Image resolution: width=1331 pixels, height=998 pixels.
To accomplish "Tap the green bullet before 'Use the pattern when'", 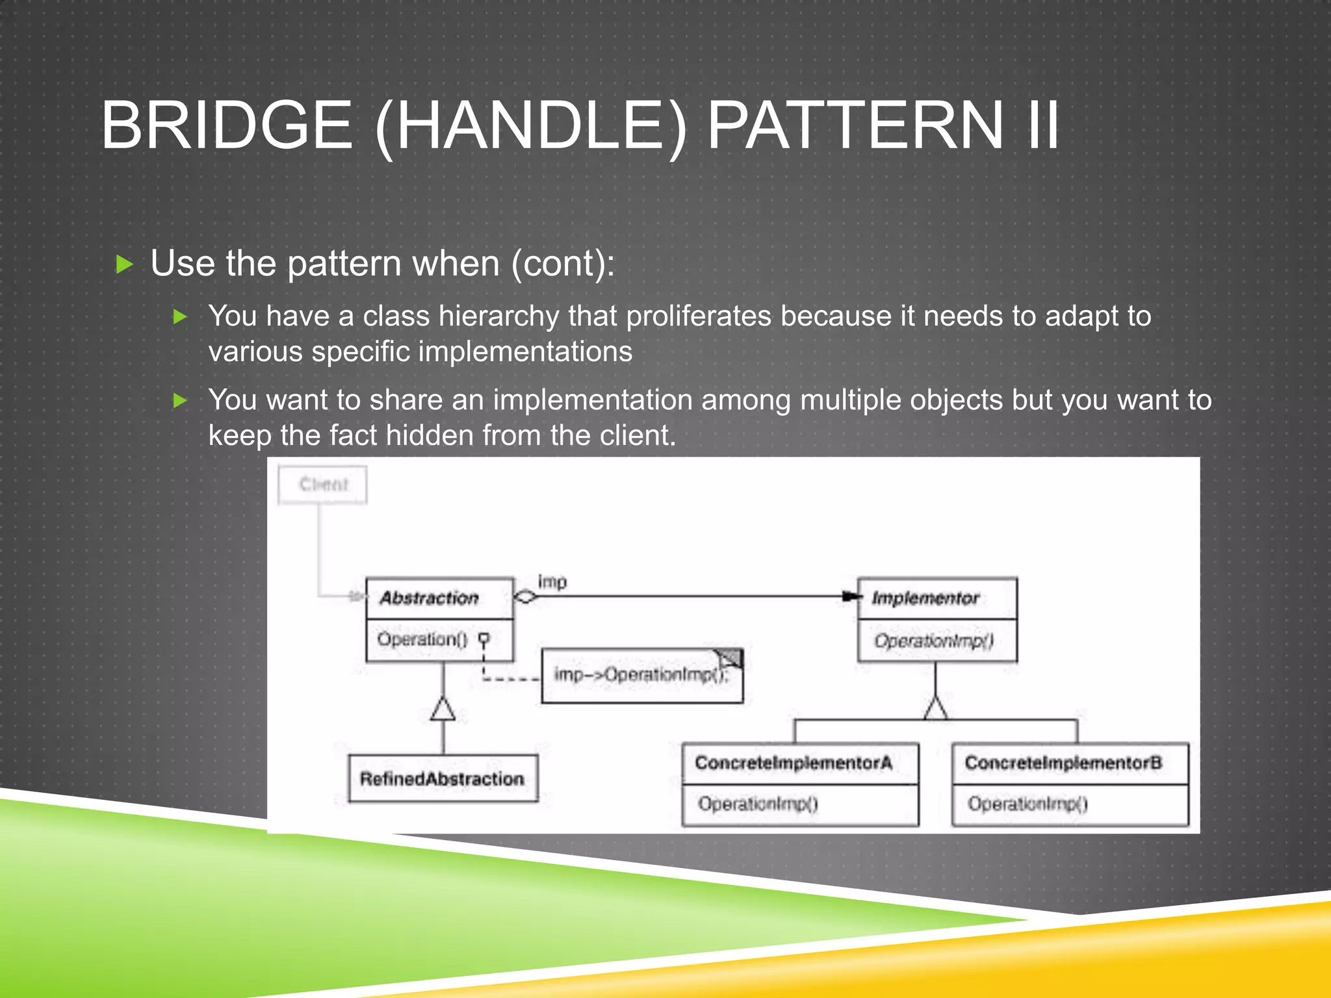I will pos(124,264).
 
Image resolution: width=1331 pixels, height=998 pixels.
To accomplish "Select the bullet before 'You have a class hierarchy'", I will pos(180,317).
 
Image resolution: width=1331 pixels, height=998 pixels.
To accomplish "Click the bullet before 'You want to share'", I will pos(180,401).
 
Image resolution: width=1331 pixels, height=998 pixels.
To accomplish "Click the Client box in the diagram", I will pos(322,485).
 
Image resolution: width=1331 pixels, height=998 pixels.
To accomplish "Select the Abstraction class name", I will pos(429,598).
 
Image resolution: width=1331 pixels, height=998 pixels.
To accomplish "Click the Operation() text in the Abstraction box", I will pos(422,639).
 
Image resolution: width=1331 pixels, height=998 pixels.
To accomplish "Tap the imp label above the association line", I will pos(552,582).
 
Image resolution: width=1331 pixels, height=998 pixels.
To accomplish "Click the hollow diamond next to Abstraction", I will pos(525,596).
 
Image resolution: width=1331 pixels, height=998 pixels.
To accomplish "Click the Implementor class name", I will pos(925,598).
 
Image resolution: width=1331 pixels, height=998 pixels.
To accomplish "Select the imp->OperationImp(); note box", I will pos(641,676).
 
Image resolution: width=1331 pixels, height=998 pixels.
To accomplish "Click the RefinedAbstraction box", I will pos(443,778).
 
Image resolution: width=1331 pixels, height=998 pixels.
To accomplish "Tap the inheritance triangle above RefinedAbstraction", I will pos(443,708).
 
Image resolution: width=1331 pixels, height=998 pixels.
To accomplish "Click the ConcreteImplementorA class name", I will pos(793,763).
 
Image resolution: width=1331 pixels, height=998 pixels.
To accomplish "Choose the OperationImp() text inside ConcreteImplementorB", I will pos(1027,804).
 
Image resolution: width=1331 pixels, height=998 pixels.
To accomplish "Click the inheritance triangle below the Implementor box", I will pos(935,708).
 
